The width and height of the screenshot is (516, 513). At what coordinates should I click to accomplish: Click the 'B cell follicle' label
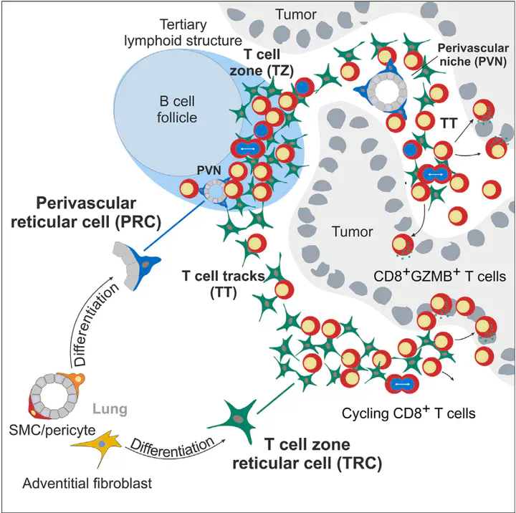coord(177,109)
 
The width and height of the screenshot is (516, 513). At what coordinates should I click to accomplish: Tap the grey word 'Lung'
coord(110,409)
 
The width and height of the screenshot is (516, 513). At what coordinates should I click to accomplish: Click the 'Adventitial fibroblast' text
coord(87,484)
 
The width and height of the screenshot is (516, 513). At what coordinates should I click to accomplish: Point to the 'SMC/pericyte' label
coord(52,430)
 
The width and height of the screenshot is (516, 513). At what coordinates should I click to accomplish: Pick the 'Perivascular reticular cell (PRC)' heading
coord(86,213)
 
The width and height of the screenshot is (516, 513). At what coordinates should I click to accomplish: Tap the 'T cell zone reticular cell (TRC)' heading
coord(307,454)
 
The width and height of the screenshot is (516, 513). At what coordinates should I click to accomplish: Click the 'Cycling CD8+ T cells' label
coord(408,413)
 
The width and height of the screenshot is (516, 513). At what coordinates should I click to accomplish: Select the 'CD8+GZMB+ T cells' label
coord(439,276)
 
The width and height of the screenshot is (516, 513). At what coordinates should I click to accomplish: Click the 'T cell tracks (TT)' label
coord(224,284)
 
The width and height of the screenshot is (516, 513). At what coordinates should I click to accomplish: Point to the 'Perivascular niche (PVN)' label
coord(473,54)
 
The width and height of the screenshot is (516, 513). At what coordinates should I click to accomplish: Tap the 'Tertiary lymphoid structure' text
coord(183,32)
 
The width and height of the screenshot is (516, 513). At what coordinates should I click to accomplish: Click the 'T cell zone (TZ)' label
coord(262,62)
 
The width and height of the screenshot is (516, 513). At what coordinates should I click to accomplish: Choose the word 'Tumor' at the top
coord(296,14)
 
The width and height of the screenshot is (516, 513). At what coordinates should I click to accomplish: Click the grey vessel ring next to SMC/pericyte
coord(54,395)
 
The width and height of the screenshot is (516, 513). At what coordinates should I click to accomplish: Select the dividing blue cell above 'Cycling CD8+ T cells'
coord(402,384)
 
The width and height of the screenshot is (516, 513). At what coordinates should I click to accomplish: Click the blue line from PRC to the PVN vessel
coord(174,226)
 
